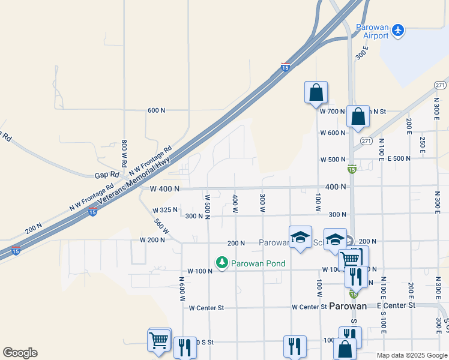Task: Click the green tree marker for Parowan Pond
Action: click(222, 263)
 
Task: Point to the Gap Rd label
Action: click(104, 176)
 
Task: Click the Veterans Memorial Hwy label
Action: click(136, 180)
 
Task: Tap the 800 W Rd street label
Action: click(124, 153)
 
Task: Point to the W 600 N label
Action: click(333, 133)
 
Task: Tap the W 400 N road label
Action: click(164, 188)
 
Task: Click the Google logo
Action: click(20, 353)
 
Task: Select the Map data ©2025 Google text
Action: click(412, 355)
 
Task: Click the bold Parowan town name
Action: click(348, 306)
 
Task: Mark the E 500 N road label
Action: click(399, 158)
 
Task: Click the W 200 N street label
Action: click(152, 239)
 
